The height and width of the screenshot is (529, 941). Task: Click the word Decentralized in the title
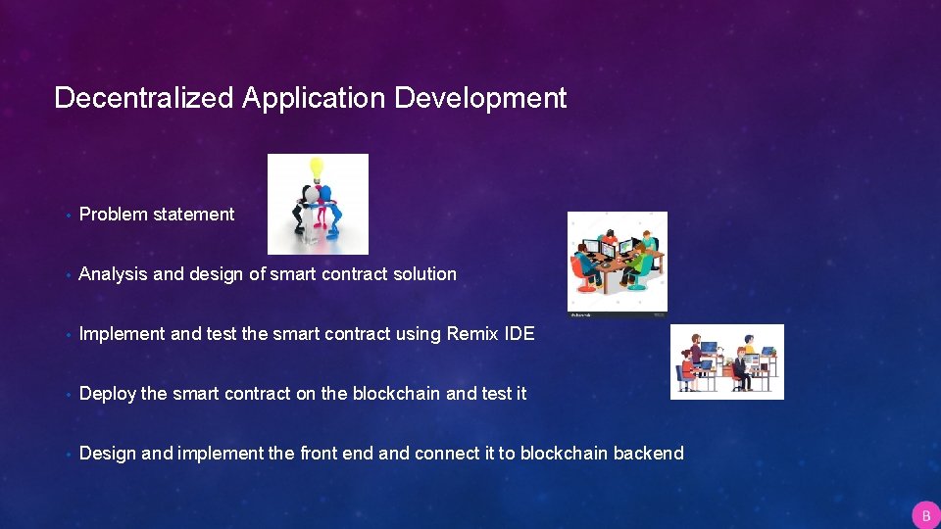pos(144,98)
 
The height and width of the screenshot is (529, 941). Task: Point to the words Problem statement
pos(157,215)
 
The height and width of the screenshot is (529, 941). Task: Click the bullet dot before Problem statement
pos(64,216)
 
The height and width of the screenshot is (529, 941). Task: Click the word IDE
pos(520,334)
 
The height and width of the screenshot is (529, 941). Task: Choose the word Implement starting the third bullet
pos(123,334)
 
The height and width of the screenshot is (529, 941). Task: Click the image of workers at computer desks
pos(726,361)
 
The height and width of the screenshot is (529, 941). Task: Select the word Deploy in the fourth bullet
pos(107,394)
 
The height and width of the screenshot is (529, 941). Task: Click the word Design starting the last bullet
pos(108,454)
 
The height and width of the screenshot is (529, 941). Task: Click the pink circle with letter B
pos(924,515)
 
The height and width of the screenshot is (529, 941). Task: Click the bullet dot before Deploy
pos(64,395)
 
